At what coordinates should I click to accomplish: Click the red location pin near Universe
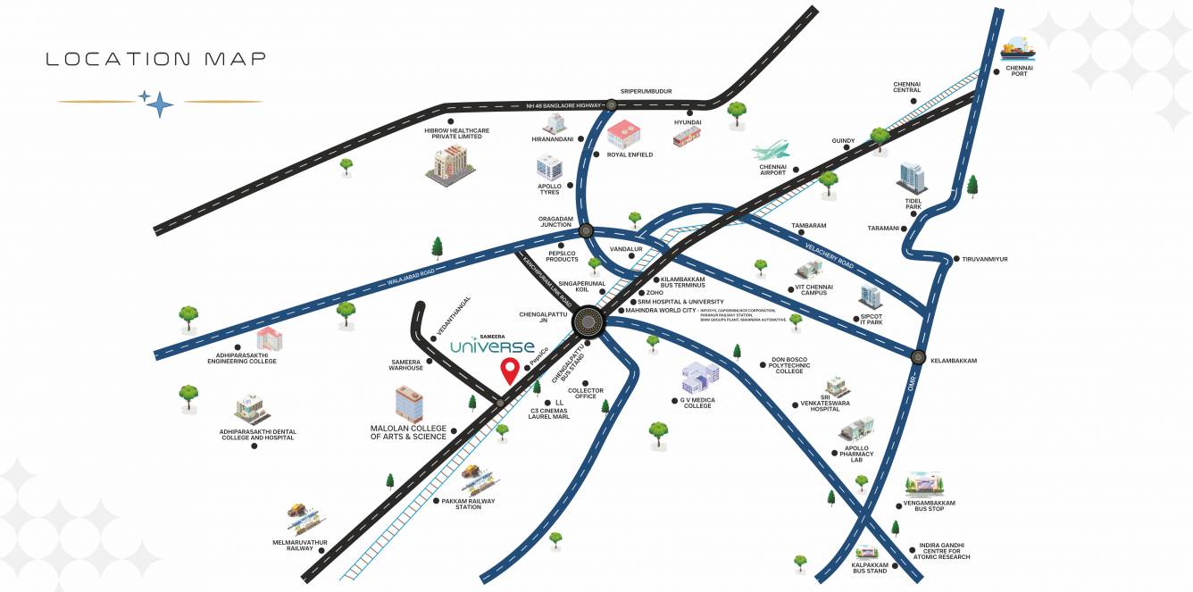pos(510,370)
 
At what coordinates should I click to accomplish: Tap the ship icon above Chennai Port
pos(1018,48)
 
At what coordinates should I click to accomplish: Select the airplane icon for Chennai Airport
pos(772,150)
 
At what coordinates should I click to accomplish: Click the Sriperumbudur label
pos(646,91)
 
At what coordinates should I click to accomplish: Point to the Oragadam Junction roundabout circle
pos(586,230)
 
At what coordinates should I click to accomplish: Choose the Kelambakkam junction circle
pos(918,357)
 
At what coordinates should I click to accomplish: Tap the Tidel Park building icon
pos(912,178)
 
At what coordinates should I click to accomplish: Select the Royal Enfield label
pos(630,154)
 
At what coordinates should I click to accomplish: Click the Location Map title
pos(156,60)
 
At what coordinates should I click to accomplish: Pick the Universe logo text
pos(492,346)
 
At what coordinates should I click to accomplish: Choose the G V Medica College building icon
pos(700,379)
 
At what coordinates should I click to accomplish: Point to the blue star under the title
pos(159,104)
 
